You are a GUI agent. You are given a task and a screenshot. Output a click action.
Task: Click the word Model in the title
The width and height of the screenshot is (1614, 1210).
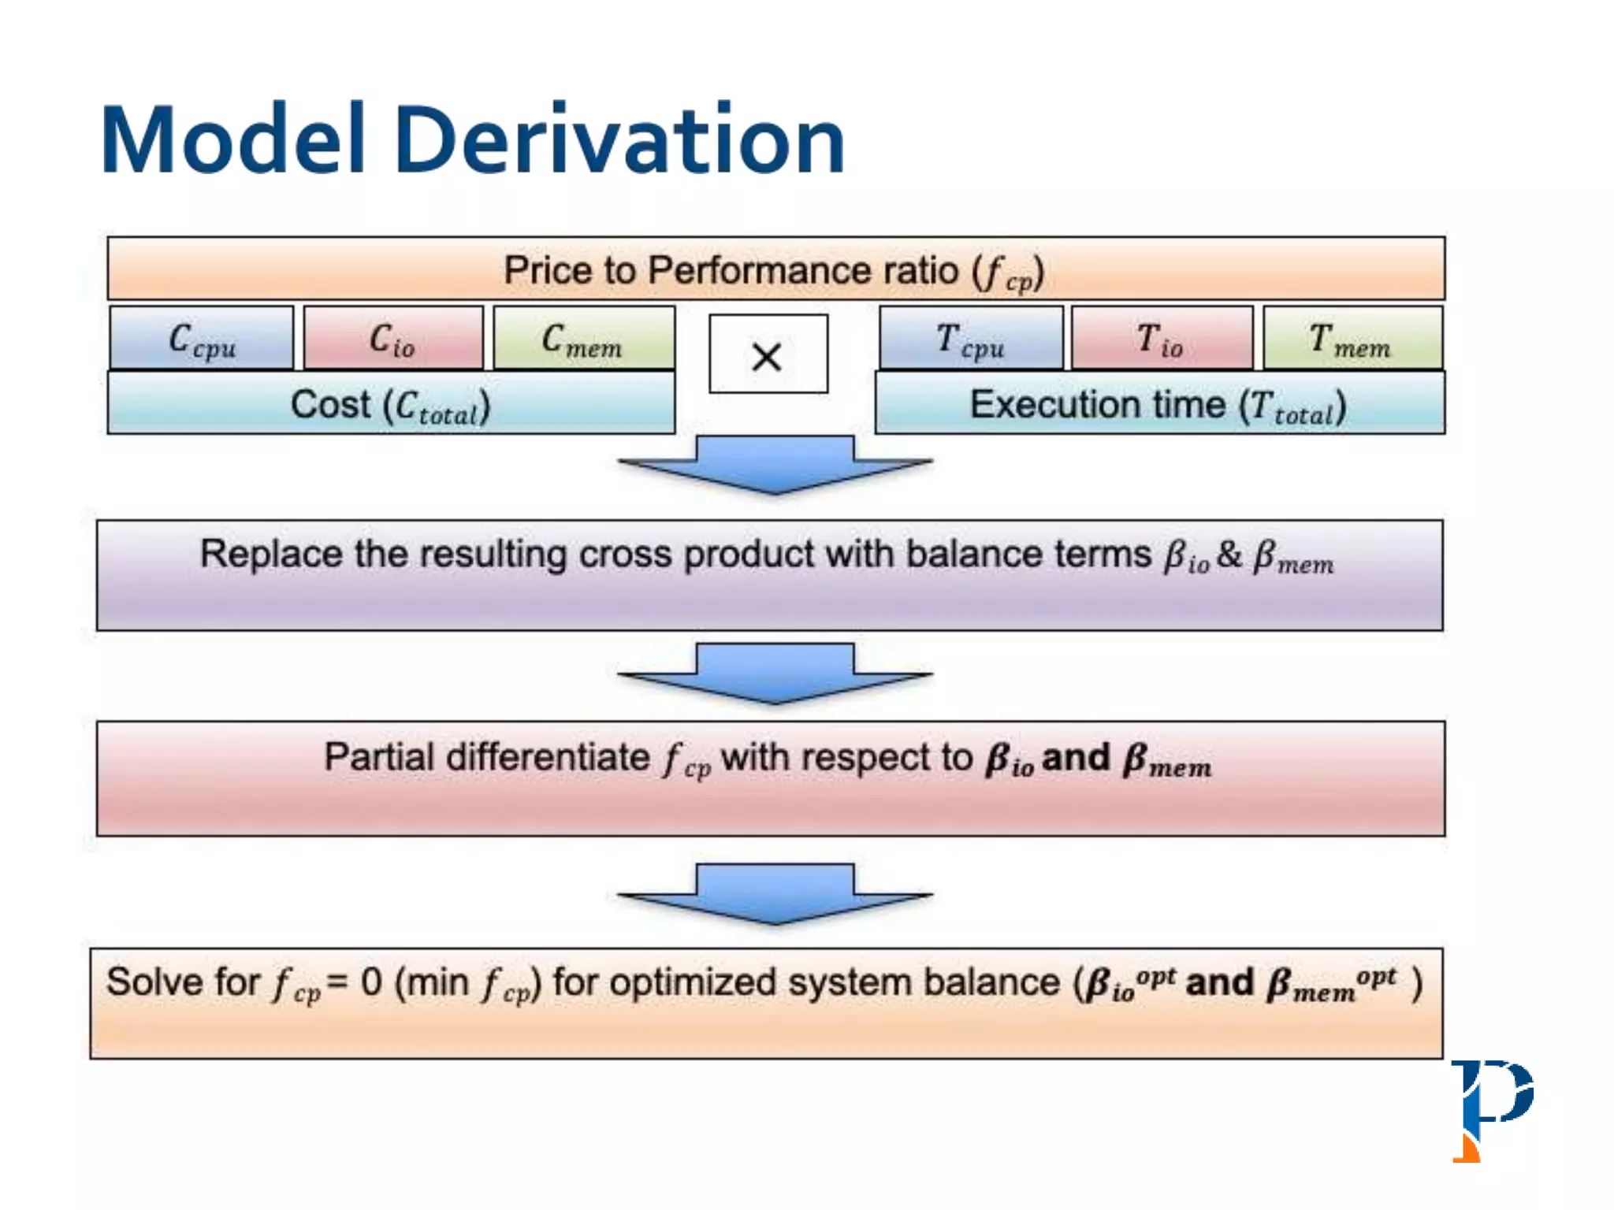(233, 140)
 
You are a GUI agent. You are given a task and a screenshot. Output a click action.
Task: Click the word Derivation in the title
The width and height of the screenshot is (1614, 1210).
(619, 140)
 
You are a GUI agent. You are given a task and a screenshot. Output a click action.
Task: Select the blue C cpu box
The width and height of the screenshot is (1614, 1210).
(202, 339)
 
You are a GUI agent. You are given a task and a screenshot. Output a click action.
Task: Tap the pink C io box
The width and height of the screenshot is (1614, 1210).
(393, 339)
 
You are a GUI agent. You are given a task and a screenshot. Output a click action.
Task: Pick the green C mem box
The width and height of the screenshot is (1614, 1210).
(584, 339)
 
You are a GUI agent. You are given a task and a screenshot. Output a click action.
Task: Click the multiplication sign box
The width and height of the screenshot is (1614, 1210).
(768, 354)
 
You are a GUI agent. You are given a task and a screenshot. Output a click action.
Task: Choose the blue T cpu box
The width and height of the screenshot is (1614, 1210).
(971, 339)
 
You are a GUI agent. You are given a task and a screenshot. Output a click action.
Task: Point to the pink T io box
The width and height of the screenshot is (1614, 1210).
(1162, 339)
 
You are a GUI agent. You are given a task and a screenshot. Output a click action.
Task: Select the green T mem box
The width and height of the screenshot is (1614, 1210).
(1352, 339)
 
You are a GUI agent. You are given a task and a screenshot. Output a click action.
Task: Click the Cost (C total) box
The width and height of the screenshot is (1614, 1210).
(391, 404)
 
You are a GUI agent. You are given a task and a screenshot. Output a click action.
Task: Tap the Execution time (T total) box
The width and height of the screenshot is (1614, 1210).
(1158, 404)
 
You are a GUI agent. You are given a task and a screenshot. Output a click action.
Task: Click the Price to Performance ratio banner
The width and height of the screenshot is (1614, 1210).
(775, 269)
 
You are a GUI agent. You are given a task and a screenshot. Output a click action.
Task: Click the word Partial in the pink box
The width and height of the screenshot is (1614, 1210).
(379, 757)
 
